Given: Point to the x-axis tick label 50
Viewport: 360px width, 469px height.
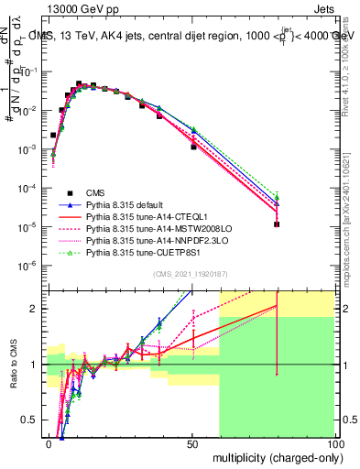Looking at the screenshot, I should pos(192,443).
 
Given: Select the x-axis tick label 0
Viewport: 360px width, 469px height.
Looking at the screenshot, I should pos(49,443).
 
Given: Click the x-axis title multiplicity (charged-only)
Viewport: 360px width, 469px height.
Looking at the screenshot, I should pos(274,456).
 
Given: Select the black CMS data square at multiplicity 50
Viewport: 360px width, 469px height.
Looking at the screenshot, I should pos(193,147).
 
